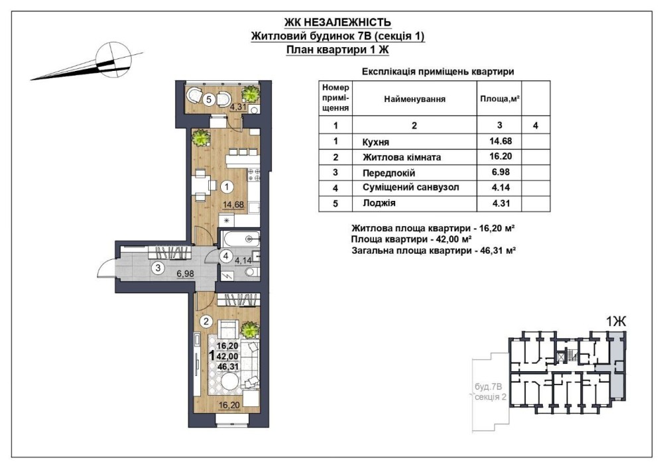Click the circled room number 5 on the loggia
(x=208, y=100)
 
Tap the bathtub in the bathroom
(x=240, y=240)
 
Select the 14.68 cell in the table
(x=500, y=141)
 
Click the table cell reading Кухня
(x=376, y=142)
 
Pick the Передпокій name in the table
(x=389, y=173)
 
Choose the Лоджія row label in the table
(x=379, y=203)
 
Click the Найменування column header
(x=414, y=99)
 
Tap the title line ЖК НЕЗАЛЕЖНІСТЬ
(x=337, y=22)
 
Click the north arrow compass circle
(x=113, y=60)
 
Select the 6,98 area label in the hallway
(x=185, y=274)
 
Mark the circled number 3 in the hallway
(x=158, y=268)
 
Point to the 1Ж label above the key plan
(x=616, y=322)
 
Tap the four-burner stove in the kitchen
(x=254, y=174)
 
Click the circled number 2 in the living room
(x=206, y=322)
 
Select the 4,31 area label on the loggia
(x=237, y=107)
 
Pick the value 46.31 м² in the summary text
(x=495, y=251)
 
